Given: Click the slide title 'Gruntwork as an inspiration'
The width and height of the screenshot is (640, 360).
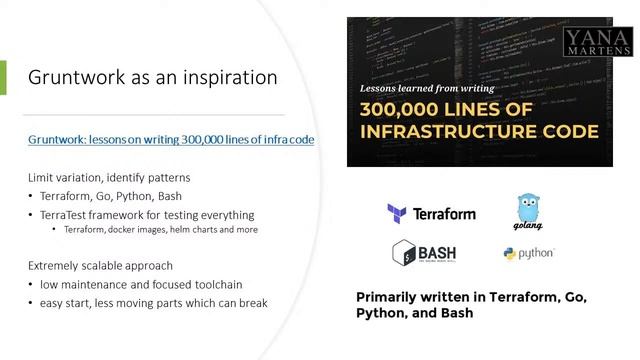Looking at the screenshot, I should click(152, 77).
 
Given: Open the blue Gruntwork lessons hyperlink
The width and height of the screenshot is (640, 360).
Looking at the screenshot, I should click(171, 139).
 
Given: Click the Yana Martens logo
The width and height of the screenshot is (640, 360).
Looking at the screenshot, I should click(598, 41).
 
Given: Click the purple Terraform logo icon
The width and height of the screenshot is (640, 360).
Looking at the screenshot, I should click(397, 213).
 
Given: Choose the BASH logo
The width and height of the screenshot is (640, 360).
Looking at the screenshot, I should click(424, 252).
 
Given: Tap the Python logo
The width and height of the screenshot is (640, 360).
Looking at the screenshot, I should click(529, 254).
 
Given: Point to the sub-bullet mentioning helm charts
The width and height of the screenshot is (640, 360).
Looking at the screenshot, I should click(161, 230).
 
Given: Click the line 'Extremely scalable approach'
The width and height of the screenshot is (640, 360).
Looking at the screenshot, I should click(100, 266).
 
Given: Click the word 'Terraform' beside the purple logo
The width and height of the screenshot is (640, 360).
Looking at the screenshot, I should click(445, 213).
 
